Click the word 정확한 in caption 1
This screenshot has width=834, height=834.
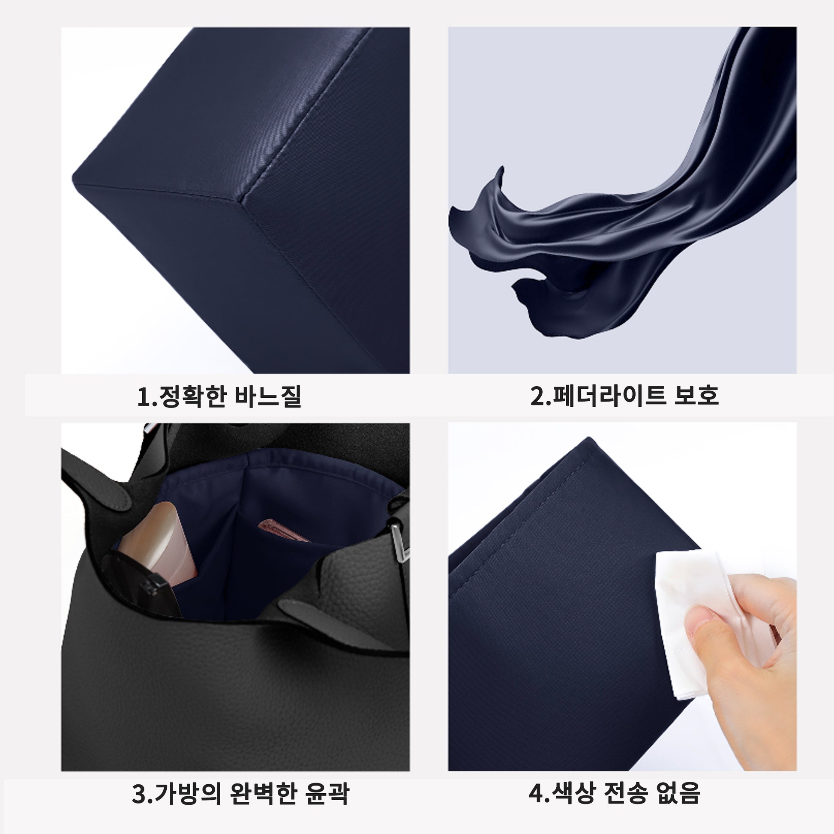(x=192, y=396)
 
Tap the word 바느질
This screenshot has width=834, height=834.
(x=267, y=396)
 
